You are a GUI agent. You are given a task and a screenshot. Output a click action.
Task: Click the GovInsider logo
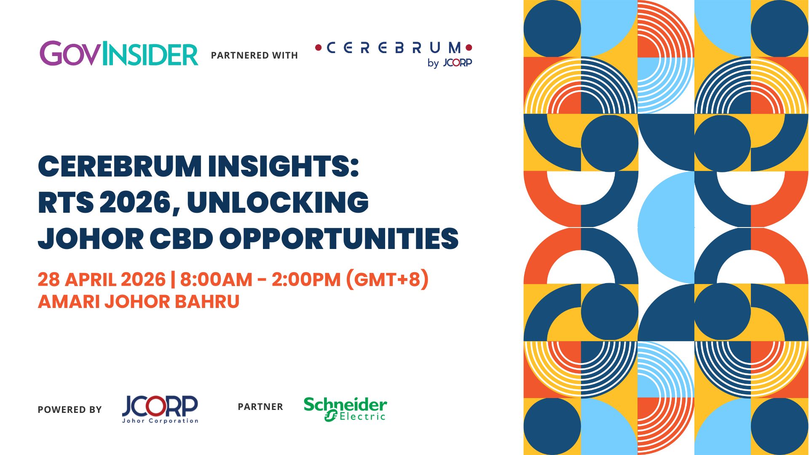pos(119,54)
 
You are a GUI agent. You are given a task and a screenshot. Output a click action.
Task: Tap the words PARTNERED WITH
pos(254,56)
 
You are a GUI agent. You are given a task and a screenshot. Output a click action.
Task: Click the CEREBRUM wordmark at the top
pos(394,48)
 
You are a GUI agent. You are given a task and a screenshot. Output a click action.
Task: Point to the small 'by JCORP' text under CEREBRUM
pos(450,63)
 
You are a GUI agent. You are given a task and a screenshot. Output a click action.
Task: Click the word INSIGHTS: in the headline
pos(283,166)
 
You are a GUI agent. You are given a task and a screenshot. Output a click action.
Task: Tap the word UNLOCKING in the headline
pos(278,202)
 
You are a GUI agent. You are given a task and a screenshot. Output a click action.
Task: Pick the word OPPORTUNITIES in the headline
pos(339,239)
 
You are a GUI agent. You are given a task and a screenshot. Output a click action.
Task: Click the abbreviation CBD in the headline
pos(182,239)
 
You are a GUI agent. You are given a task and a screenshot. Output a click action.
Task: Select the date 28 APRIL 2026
pos(102,280)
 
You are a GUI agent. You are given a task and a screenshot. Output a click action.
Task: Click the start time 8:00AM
pos(216,280)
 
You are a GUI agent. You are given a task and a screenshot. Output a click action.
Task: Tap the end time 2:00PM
pos(306,280)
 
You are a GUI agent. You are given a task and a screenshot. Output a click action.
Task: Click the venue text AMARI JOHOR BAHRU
pos(139,302)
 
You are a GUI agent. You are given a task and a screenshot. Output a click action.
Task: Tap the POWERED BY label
pos(70,410)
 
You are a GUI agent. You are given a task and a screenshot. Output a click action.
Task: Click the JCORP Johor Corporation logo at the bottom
pos(160,409)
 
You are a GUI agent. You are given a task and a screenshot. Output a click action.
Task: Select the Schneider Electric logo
pos(345,409)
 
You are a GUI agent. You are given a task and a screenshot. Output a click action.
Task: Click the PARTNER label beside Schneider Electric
pos(260,407)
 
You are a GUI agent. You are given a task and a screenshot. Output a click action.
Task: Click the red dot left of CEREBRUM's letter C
pos(319,48)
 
